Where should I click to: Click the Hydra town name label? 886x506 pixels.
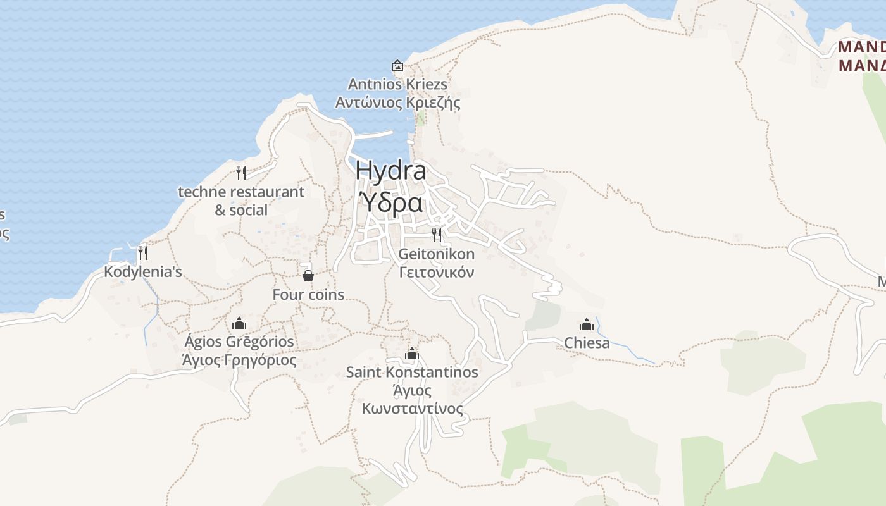pyautogui.click(x=390, y=170)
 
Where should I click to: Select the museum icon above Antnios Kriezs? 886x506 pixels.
pyautogui.click(x=397, y=66)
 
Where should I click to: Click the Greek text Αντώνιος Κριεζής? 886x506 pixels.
pyautogui.click(x=397, y=102)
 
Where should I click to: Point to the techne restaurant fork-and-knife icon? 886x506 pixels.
pyautogui.click(x=241, y=173)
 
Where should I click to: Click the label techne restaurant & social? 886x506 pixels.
pyautogui.click(x=241, y=201)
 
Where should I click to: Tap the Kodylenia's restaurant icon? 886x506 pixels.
pyautogui.click(x=143, y=253)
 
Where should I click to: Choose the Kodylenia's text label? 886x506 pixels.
pyautogui.click(x=143, y=272)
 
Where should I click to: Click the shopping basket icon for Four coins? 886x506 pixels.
pyautogui.click(x=308, y=275)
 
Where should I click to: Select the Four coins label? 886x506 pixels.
pyautogui.click(x=308, y=295)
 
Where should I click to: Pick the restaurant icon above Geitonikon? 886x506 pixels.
pyautogui.click(x=437, y=235)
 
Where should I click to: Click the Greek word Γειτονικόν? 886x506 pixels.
pyautogui.click(x=437, y=273)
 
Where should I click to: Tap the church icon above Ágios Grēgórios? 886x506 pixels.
pyautogui.click(x=239, y=323)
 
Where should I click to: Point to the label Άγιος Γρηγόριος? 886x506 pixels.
pyautogui.click(x=239, y=361)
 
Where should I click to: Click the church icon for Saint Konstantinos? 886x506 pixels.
pyautogui.click(x=412, y=354)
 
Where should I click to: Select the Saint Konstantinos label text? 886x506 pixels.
pyautogui.click(x=412, y=372)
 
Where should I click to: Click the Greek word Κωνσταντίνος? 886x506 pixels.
pyautogui.click(x=412, y=409)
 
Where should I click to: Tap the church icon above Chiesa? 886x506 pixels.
pyautogui.click(x=587, y=324)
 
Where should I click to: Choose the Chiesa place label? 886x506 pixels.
pyautogui.click(x=587, y=343)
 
